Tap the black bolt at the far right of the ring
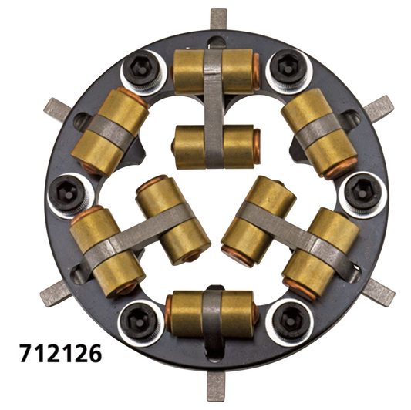pyautogui.click(x=357, y=187)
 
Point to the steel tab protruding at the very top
pyautogui.click(x=220, y=17)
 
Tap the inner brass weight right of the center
pyautogui.click(x=258, y=219)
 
